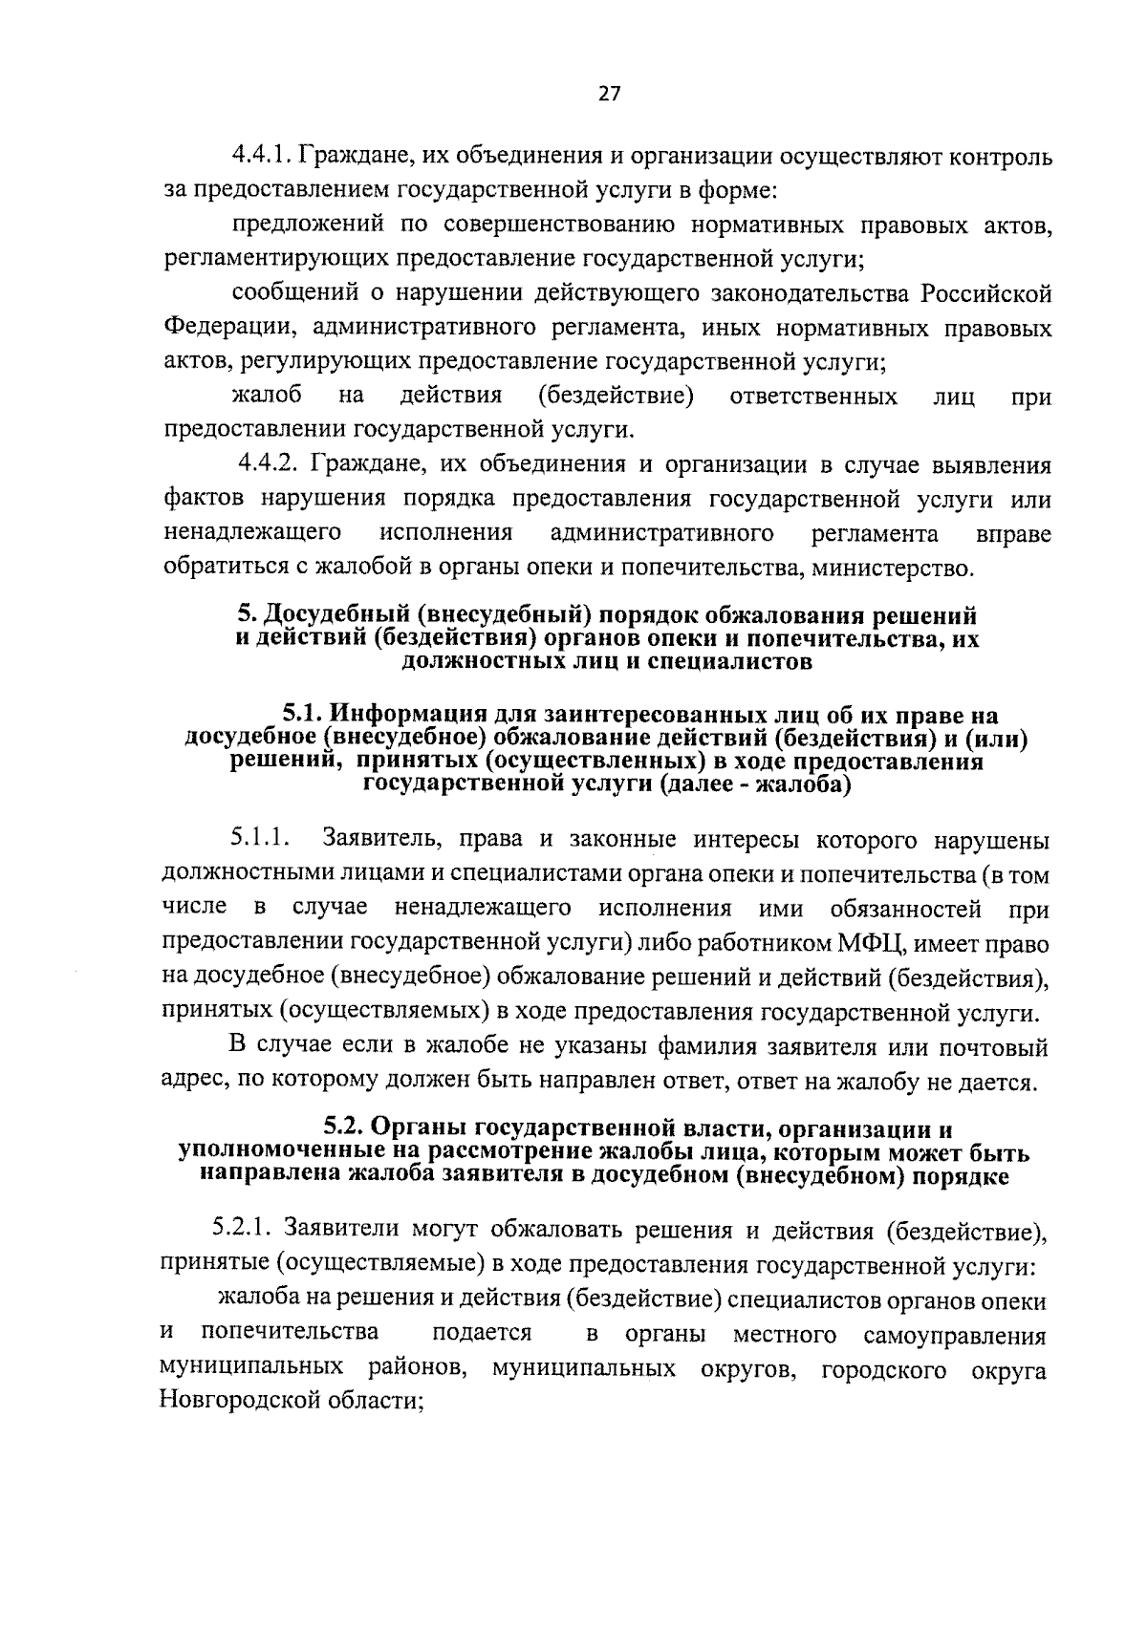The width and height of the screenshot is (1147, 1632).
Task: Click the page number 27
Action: click(609, 93)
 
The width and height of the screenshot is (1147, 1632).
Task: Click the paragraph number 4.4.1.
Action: click(263, 156)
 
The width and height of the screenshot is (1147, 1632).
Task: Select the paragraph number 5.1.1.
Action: click(258, 840)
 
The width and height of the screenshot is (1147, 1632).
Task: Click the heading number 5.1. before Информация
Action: click(304, 715)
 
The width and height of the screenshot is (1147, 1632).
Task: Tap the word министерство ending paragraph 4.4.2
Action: click(891, 569)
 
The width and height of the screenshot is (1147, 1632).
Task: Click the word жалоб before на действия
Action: click(267, 397)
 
